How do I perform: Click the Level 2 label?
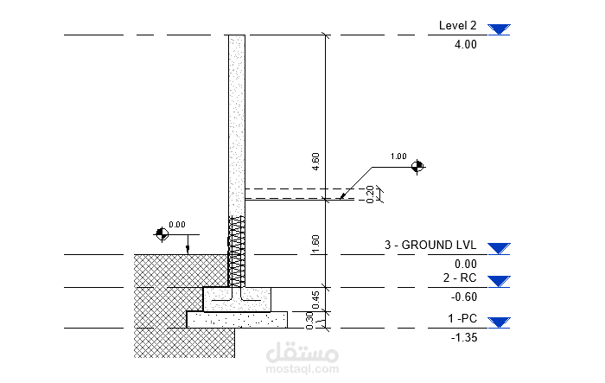click(x=457, y=25)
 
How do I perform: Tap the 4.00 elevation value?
click(x=465, y=44)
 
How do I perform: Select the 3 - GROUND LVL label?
click(x=430, y=245)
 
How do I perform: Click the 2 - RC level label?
click(x=460, y=278)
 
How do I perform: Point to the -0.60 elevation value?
click(x=464, y=297)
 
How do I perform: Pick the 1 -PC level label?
click(x=462, y=318)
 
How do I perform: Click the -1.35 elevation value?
click(x=464, y=337)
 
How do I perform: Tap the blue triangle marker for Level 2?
click(x=499, y=29)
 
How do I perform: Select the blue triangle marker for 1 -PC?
click(x=499, y=322)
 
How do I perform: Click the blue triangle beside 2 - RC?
click(x=499, y=282)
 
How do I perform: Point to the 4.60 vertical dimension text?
click(x=315, y=162)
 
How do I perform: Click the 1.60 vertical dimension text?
click(x=315, y=244)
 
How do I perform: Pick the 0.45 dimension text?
click(x=315, y=300)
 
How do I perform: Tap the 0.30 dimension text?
click(x=309, y=321)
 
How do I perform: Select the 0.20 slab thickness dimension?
click(x=370, y=195)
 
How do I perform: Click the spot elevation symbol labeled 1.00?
click(x=417, y=166)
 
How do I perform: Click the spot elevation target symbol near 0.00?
click(x=162, y=233)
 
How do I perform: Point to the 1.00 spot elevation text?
click(x=398, y=156)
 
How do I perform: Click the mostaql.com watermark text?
click(x=302, y=369)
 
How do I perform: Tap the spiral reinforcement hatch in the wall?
click(x=236, y=251)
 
